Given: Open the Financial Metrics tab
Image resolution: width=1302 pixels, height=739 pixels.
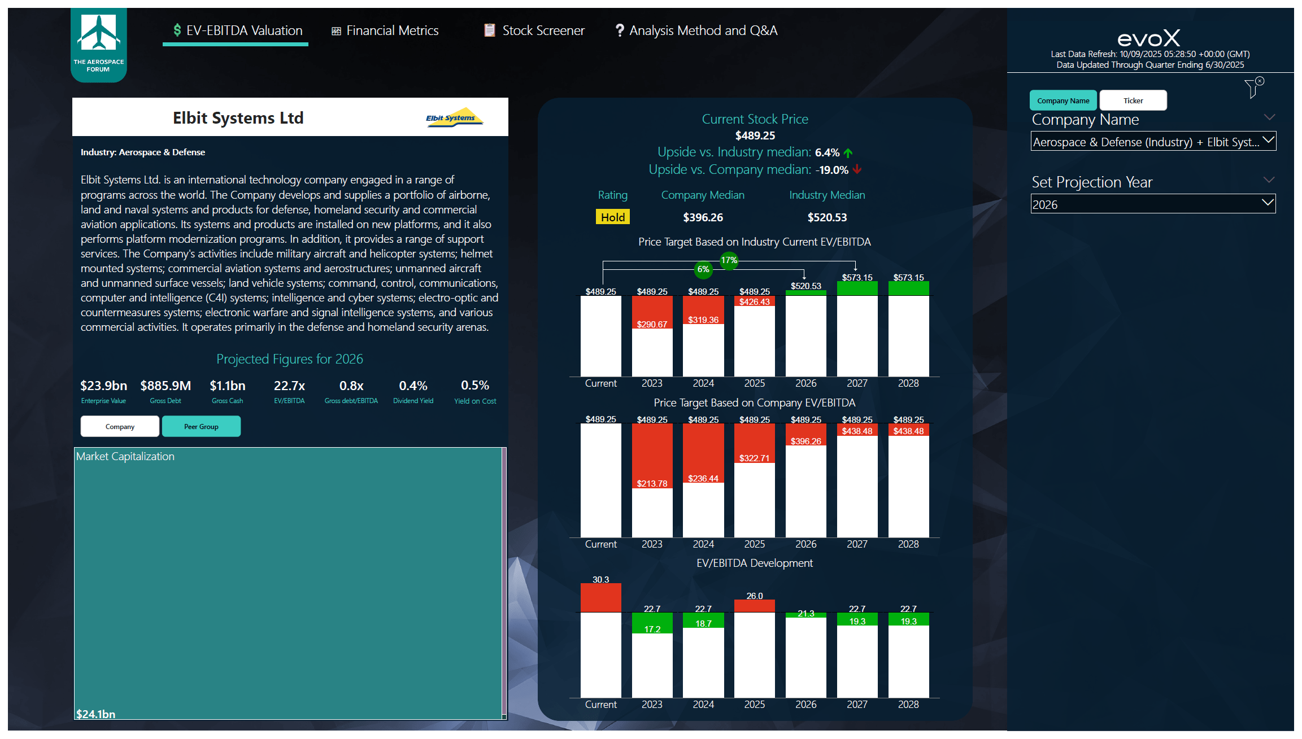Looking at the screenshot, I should click(x=385, y=30).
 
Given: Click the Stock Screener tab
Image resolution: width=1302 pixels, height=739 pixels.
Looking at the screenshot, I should click(x=534, y=30).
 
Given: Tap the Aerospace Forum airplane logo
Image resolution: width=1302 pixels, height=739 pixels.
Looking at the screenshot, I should click(x=99, y=34).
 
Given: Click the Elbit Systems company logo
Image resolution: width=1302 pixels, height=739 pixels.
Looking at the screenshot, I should click(x=454, y=117).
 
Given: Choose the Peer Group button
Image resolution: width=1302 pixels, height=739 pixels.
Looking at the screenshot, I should click(x=201, y=426).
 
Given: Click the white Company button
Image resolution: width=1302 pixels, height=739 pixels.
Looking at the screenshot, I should click(x=120, y=426).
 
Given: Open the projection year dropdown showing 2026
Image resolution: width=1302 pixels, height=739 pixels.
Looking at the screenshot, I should click(x=1153, y=204).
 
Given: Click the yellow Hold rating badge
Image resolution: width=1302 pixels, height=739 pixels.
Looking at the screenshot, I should click(x=612, y=217).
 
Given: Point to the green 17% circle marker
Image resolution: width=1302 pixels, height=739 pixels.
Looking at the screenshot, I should click(x=729, y=260).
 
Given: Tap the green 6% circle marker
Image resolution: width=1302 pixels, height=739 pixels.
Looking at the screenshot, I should click(x=703, y=269).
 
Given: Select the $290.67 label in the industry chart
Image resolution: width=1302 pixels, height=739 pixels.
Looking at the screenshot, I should click(x=652, y=324).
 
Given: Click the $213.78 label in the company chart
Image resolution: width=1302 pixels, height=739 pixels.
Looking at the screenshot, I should click(x=652, y=483).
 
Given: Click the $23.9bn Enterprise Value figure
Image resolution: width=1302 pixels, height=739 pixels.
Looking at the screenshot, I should click(x=103, y=386).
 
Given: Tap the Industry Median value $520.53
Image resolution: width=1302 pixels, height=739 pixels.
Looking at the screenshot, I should click(x=827, y=217).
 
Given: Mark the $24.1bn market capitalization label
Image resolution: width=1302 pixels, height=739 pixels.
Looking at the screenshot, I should click(x=96, y=714).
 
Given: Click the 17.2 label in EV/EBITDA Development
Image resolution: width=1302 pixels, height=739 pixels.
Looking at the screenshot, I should click(x=652, y=629).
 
